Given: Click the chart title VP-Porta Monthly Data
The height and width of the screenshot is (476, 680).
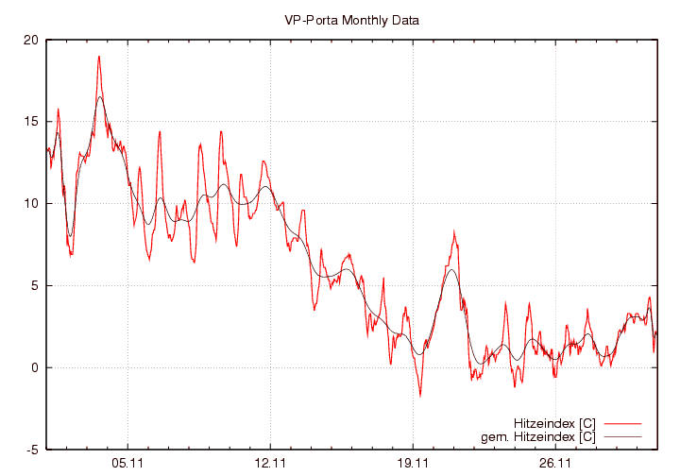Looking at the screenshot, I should tap(351, 20).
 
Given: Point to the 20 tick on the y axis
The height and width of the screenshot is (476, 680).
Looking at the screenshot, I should tap(31, 41).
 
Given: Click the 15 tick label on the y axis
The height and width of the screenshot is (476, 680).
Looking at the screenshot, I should tap(31, 122).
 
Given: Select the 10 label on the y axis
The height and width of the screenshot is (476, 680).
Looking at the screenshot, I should tap(31, 204).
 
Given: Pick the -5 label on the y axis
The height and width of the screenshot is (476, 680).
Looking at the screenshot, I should tap(32, 450).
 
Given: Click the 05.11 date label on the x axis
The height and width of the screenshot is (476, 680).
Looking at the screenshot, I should tap(127, 464).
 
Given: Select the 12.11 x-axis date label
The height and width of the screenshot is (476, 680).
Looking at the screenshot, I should tap(270, 464).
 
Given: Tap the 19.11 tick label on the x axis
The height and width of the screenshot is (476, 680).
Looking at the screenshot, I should tap(414, 464).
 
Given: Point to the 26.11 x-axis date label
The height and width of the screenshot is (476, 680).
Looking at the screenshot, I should tap(556, 464).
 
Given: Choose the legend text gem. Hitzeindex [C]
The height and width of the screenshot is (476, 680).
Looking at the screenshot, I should tap(538, 436).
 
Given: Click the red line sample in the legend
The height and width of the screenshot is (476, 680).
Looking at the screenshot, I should tap(620, 422).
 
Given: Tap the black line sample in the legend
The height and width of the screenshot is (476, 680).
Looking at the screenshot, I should tap(620, 436).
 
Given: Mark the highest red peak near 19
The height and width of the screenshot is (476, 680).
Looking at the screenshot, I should tap(98, 57).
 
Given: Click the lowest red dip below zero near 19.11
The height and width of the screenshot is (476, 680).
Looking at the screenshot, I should tap(420, 395).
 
